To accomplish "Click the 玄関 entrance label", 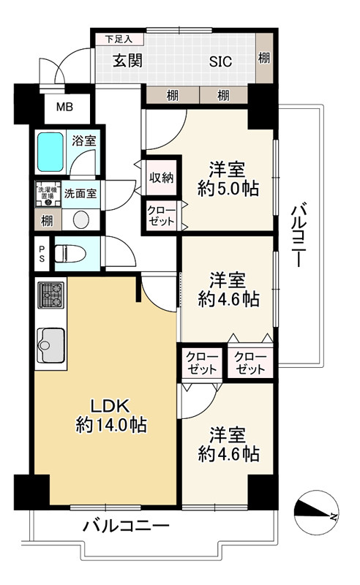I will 127,61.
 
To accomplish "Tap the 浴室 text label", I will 83,140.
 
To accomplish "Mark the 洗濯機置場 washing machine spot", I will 46,194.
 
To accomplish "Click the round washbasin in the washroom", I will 80,219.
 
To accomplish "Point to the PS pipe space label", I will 41,253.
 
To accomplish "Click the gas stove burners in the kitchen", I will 50,296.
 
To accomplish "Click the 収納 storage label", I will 161,178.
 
